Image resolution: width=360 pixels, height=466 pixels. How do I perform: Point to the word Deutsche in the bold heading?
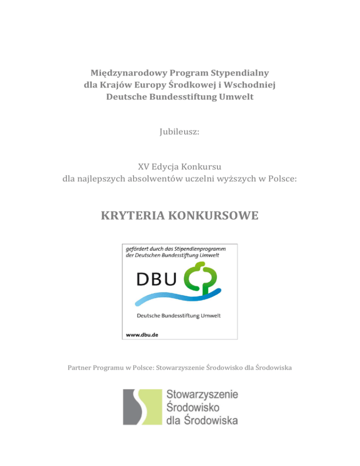(x=128, y=97)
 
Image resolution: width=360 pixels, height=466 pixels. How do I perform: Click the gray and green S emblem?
(x=141, y=406)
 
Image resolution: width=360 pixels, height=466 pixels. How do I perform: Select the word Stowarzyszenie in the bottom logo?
(x=202, y=395)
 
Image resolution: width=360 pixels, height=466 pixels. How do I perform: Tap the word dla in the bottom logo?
(x=174, y=419)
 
